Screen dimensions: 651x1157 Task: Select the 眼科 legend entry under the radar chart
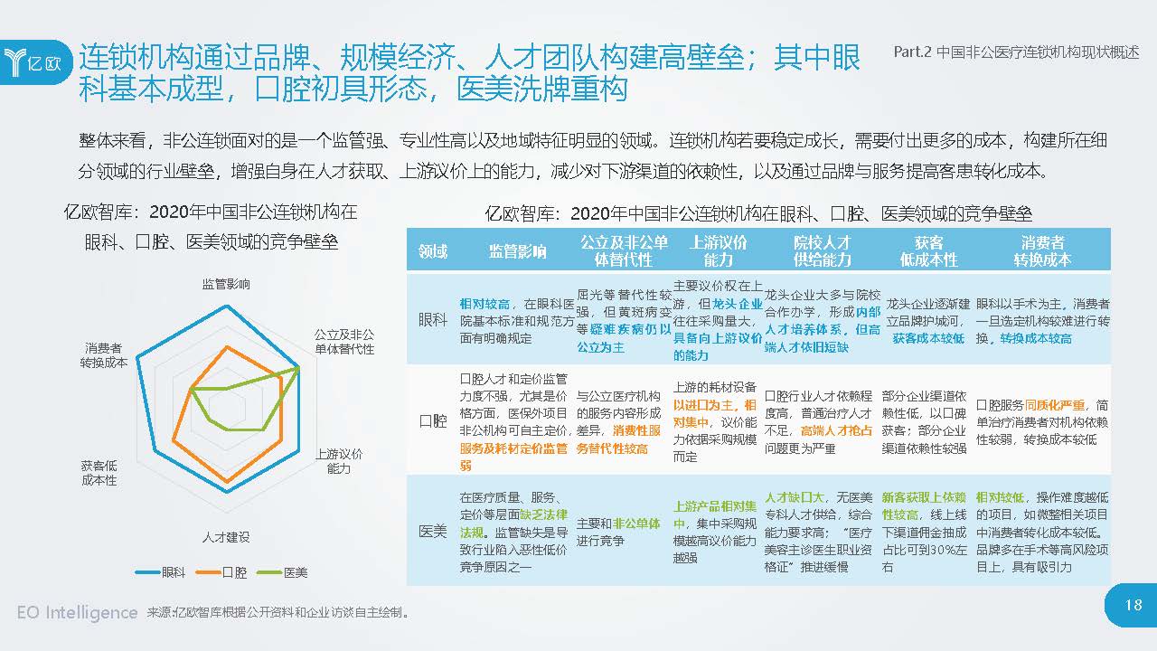pos(162,572)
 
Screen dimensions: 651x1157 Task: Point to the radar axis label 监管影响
pos(226,284)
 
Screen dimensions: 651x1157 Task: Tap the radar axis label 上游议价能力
pos(339,460)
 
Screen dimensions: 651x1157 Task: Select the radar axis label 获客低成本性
pos(99,472)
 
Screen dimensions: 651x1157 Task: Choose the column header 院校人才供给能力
pos(822,250)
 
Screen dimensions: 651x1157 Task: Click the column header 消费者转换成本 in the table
pos(1042,250)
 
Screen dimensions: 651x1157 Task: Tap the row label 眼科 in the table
pos(433,320)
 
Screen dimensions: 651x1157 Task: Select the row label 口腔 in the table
pos(433,420)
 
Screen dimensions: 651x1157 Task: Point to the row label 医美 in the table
pos(433,530)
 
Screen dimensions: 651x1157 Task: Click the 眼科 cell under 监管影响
pos(517,320)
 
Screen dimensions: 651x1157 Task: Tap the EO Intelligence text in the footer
pos(77,612)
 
